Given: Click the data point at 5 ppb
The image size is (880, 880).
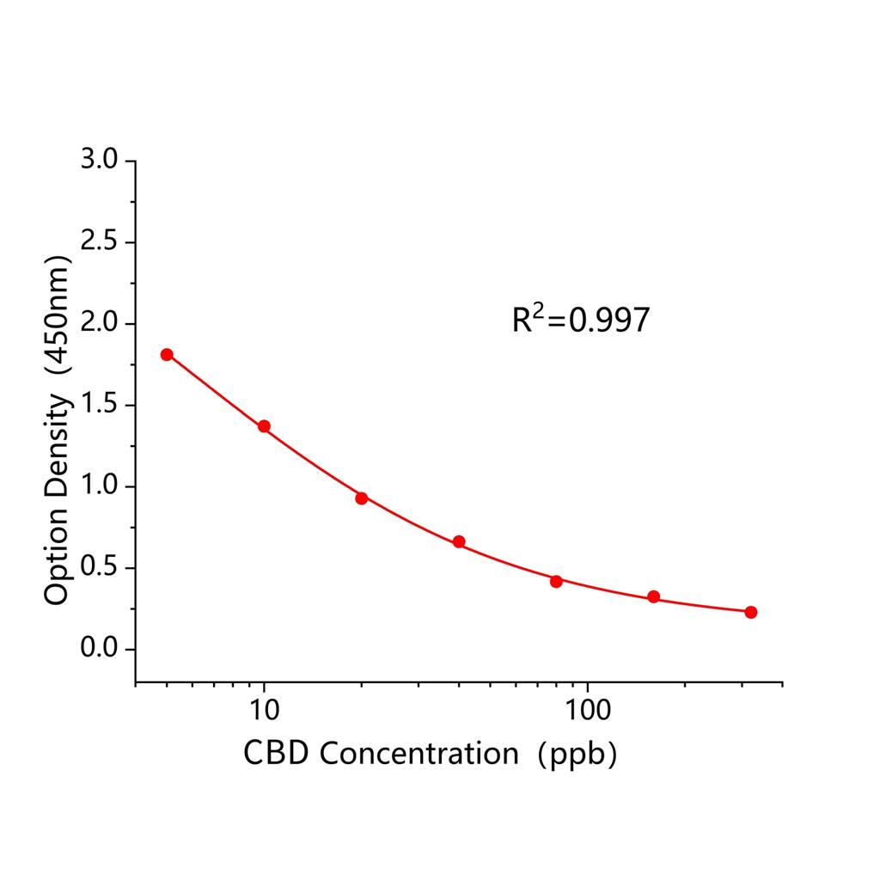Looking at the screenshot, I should pos(167,354).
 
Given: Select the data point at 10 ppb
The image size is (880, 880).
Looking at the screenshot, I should pos(264,426).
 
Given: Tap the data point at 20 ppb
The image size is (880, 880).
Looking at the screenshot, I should pos(362,498).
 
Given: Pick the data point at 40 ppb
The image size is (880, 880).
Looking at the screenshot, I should pos(459,541).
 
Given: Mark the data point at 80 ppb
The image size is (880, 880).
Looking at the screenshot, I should pos(556,581).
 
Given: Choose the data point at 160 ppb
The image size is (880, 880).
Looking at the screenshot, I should pos(654,596).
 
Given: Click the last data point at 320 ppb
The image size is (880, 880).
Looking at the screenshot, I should pos(751,612).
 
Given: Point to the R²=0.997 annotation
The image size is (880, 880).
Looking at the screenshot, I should pos(581,320).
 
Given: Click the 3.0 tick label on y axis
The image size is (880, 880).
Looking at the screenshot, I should pos(101,162).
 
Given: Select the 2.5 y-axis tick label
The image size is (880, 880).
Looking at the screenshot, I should pos(101,242).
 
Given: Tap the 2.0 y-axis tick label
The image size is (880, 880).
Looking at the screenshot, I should pos(101,324).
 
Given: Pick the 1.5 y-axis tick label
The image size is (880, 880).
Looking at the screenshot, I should pos(101,406).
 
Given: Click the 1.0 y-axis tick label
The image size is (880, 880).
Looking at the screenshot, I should pos(101,486).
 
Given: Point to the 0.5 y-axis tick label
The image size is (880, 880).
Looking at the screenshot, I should pos(101,568).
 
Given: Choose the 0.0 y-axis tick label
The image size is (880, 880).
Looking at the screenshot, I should pos(101,649).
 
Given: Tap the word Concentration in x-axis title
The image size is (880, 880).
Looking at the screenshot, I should pos(419,754).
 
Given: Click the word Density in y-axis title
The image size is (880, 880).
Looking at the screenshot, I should pos(57,469).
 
